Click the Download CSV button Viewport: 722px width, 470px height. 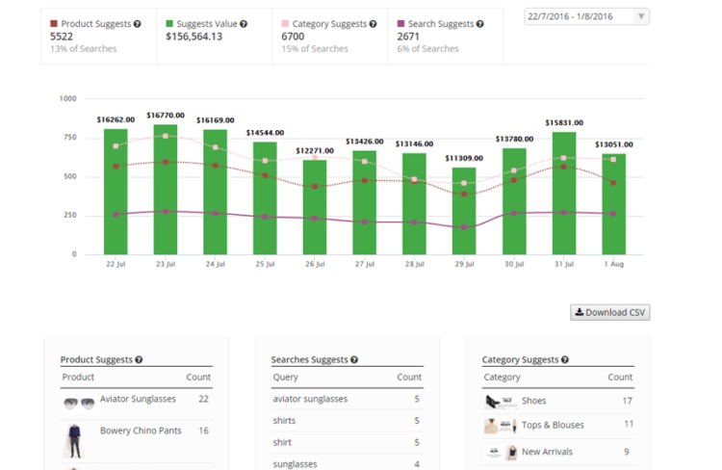coord(610,312)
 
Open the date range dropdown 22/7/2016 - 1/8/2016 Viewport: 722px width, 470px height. coord(587,16)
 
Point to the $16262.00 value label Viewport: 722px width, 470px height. coord(116,119)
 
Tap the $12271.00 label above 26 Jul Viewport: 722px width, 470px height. coord(315,150)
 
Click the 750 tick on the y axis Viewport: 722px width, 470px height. coord(67,138)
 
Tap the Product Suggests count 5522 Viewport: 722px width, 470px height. coord(62,37)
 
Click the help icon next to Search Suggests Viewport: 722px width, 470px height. coord(479,23)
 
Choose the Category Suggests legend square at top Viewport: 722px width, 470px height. coord(286,23)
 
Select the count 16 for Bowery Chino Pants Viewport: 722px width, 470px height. coord(203,431)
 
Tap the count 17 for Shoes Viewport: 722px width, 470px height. coord(627,401)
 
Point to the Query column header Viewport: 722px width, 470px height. coord(286,377)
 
